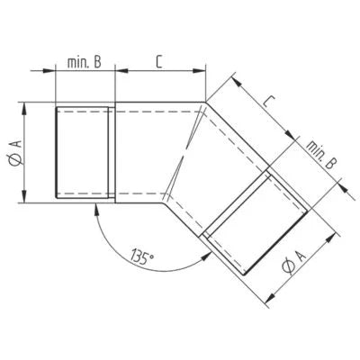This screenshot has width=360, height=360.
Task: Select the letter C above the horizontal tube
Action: (x=157, y=61)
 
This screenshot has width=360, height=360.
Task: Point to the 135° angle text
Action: (x=141, y=257)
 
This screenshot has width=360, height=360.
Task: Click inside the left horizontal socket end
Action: (x=83, y=153)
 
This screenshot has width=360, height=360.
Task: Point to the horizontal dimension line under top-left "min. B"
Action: (x=85, y=72)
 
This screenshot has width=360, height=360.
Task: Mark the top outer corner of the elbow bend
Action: (x=206, y=100)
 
